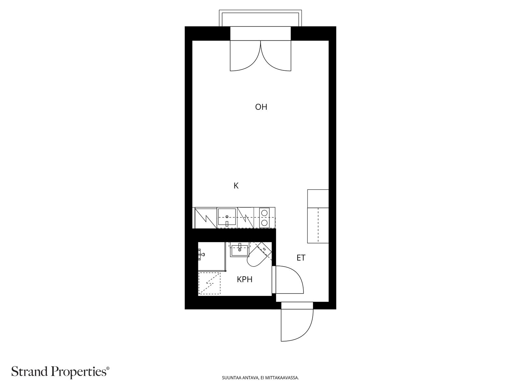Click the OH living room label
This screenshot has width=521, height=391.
click(x=261, y=107)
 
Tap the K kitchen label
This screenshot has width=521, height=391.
click(x=236, y=186)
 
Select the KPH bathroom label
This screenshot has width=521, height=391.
click(x=245, y=280)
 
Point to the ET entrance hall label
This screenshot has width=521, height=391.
click(x=301, y=258)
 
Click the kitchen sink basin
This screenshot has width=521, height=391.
click(x=227, y=216)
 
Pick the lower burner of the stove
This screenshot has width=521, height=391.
click(x=264, y=223)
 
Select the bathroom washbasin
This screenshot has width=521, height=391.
click(x=239, y=250)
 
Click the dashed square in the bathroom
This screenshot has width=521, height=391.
click(x=209, y=283)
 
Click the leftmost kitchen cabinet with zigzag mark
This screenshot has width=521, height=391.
click(x=206, y=218)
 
